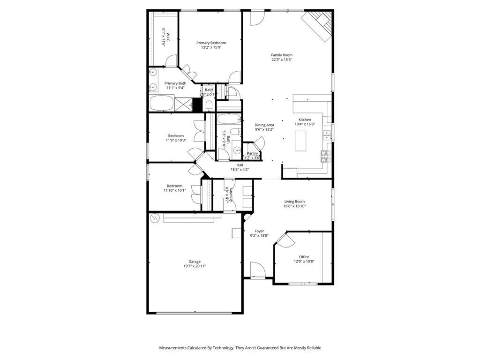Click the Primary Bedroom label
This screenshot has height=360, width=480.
(210, 43)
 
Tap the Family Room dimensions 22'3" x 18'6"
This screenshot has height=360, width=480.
(281, 60)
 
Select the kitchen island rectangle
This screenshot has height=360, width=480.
(300, 141)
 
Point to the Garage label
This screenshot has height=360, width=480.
(195, 262)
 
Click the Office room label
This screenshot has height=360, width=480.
(304, 257)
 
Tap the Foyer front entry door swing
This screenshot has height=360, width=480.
(257, 270)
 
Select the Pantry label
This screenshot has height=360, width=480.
(252, 153)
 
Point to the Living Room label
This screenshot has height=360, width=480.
(294, 202)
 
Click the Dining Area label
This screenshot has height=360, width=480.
(264, 125)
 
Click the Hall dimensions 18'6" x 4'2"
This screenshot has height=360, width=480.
(240, 169)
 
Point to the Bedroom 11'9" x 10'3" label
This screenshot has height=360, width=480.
(176, 136)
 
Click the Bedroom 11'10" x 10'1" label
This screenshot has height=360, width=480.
(174, 186)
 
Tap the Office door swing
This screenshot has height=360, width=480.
(285, 240)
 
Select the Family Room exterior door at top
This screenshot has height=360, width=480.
(257, 18)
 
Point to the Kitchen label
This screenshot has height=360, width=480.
(305, 120)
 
